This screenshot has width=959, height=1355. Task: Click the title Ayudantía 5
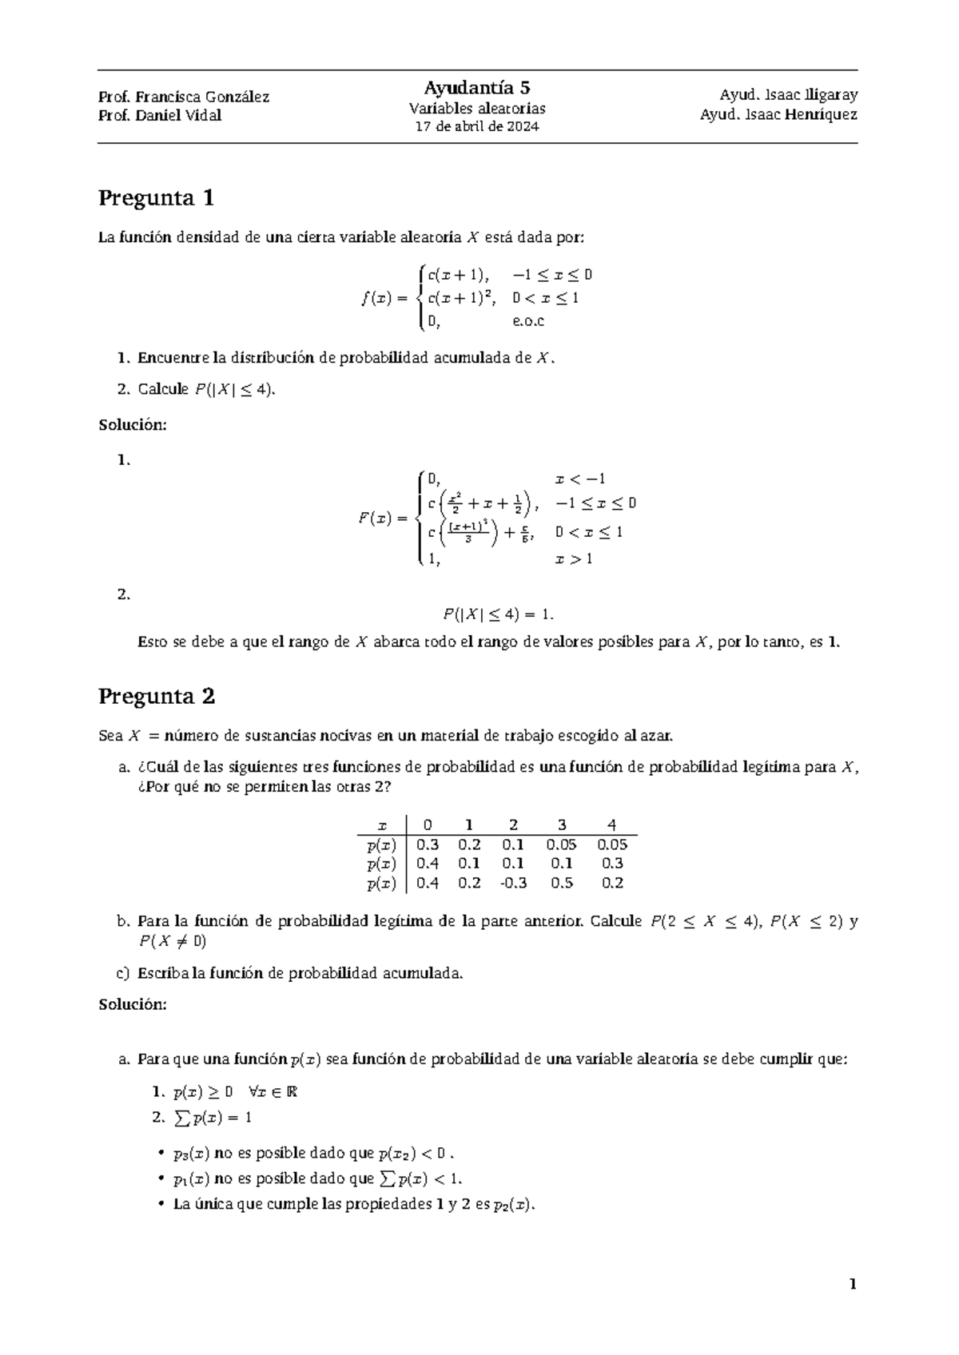[x=477, y=88]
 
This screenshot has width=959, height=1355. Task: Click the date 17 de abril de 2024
[x=477, y=127]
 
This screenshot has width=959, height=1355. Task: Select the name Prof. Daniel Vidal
[x=160, y=115]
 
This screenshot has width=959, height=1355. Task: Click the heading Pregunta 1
[x=156, y=198]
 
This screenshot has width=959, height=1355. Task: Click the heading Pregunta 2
[x=157, y=697]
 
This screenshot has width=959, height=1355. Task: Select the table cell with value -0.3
[x=512, y=883]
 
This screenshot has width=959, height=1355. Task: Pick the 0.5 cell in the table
[x=562, y=883]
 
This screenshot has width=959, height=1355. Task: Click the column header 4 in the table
[x=611, y=825]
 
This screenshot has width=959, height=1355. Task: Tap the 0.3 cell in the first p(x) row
[x=428, y=844]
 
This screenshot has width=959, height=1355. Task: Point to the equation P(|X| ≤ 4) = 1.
[x=498, y=614]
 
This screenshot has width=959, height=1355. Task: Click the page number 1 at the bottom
[x=853, y=1285]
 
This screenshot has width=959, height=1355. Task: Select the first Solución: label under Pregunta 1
[x=133, y=425]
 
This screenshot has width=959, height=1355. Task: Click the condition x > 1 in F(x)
[x=573, y=558]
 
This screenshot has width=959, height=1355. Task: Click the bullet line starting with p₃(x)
[x=314, y=1153]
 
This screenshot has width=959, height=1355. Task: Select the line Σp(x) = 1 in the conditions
[x=212, y=1118]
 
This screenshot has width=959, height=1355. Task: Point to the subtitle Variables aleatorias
[x=477, y=109]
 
